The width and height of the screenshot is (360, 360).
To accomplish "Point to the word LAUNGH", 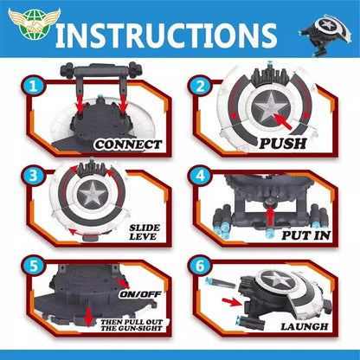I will coord(304,326).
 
